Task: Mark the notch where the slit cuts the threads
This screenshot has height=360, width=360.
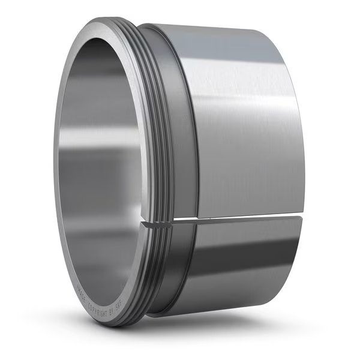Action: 157,223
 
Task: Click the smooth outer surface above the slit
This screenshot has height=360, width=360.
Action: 240,120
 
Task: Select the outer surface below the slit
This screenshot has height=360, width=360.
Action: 240,264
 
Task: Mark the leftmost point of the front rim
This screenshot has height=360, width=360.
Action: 53,174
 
